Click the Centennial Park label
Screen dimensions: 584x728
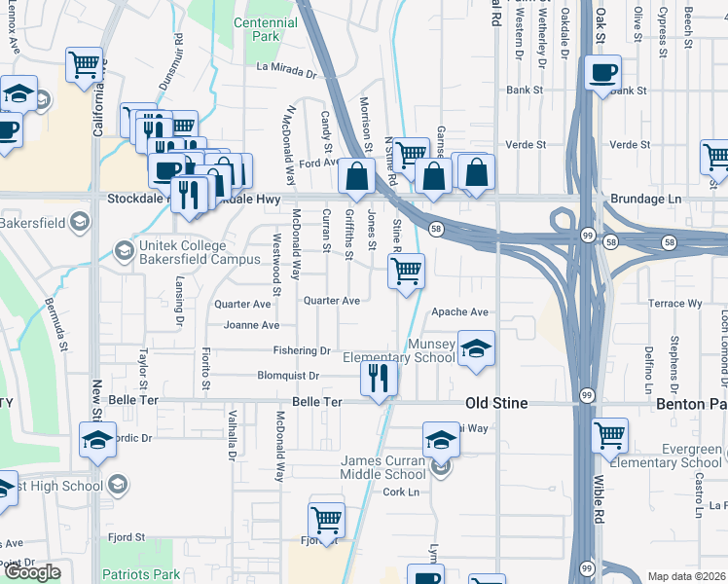coord(266,29)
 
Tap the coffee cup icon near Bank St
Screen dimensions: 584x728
coord(603,73)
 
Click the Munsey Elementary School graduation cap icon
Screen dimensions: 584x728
coord(476,348)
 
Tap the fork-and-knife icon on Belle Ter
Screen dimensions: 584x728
coord(379,378)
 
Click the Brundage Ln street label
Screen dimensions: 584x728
coord(643,199)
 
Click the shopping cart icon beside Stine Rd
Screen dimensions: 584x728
coord(406,271)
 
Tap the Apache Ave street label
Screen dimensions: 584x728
coord(459,312)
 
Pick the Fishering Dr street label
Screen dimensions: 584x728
coord(302,350)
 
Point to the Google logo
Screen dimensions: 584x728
coord(32,572)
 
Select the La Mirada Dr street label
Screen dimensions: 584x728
coord(287,70)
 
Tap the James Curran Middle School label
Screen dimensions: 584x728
coord(382,466)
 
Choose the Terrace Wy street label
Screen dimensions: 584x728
coord(675,304)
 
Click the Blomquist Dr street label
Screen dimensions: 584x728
coord(288,376)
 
